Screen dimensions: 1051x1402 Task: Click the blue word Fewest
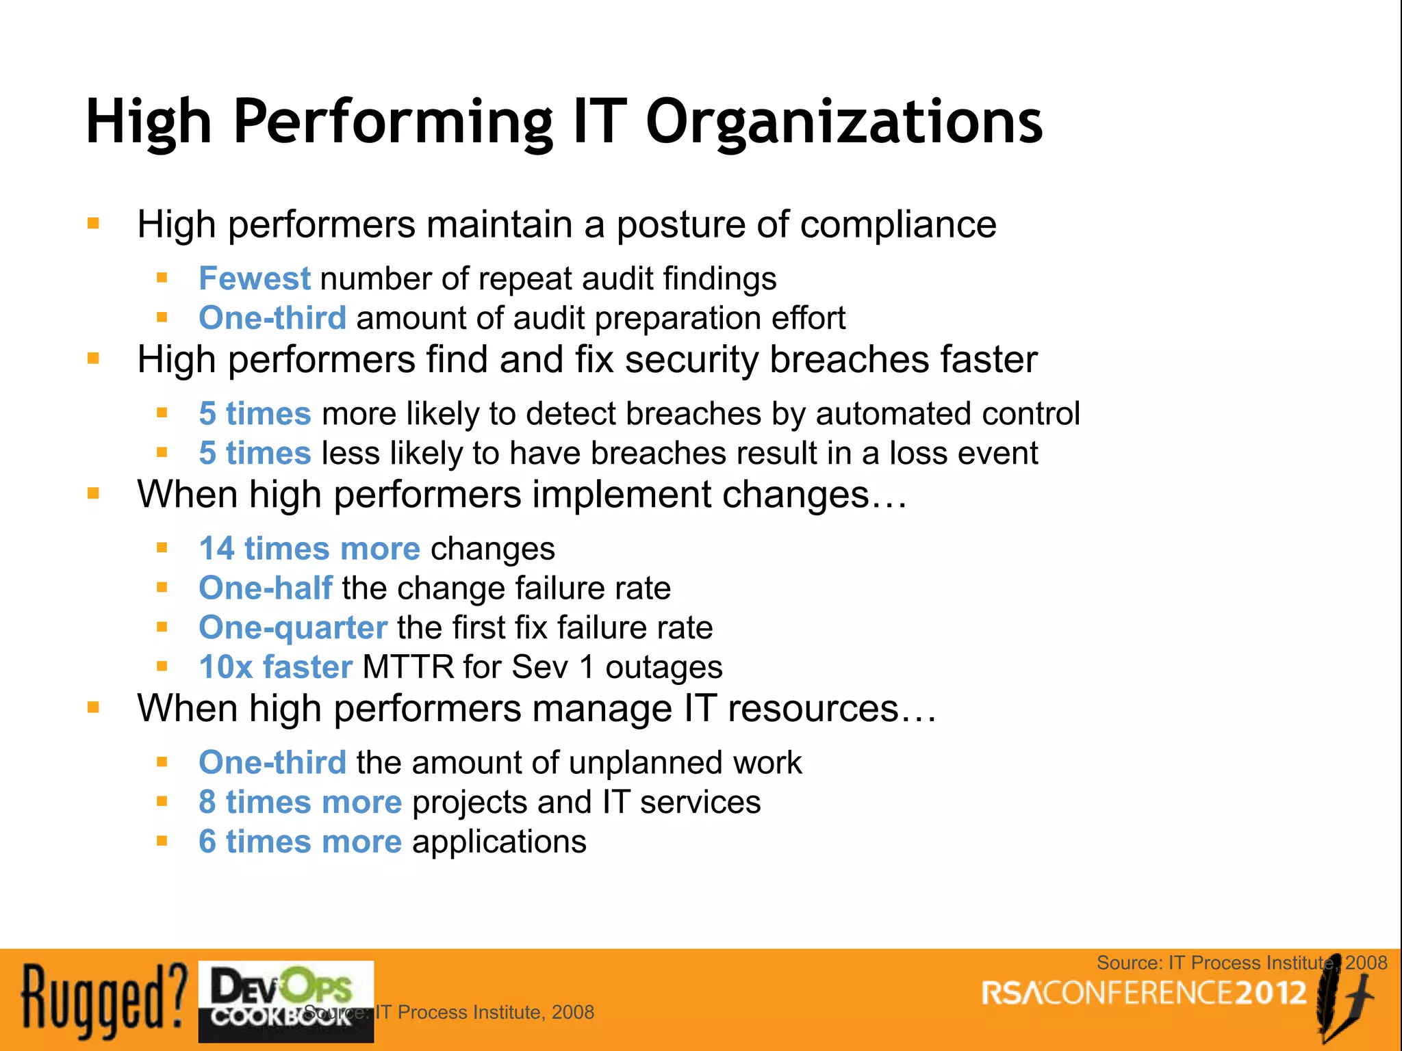(255, 278)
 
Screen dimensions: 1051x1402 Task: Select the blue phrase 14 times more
(309, 549)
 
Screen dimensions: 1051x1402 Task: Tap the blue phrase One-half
(266, 588)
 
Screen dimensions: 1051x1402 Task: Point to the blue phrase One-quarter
(293, 627)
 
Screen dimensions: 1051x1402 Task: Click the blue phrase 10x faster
(276, 667)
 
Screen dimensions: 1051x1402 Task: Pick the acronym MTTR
(408, 667)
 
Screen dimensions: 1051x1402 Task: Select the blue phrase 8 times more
(300, 802)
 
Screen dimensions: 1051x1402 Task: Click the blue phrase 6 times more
(300, 842)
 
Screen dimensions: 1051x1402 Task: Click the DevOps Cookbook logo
(285, 1000)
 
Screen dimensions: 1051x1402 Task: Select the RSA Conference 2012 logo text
(1144, 994)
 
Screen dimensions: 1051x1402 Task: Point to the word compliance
(898, 224)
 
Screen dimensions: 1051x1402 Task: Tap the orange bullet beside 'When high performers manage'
(94, 708)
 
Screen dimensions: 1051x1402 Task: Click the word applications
(499, 842)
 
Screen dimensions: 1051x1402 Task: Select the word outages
(663, 667)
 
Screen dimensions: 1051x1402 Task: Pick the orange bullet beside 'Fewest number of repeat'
(162, 278)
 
